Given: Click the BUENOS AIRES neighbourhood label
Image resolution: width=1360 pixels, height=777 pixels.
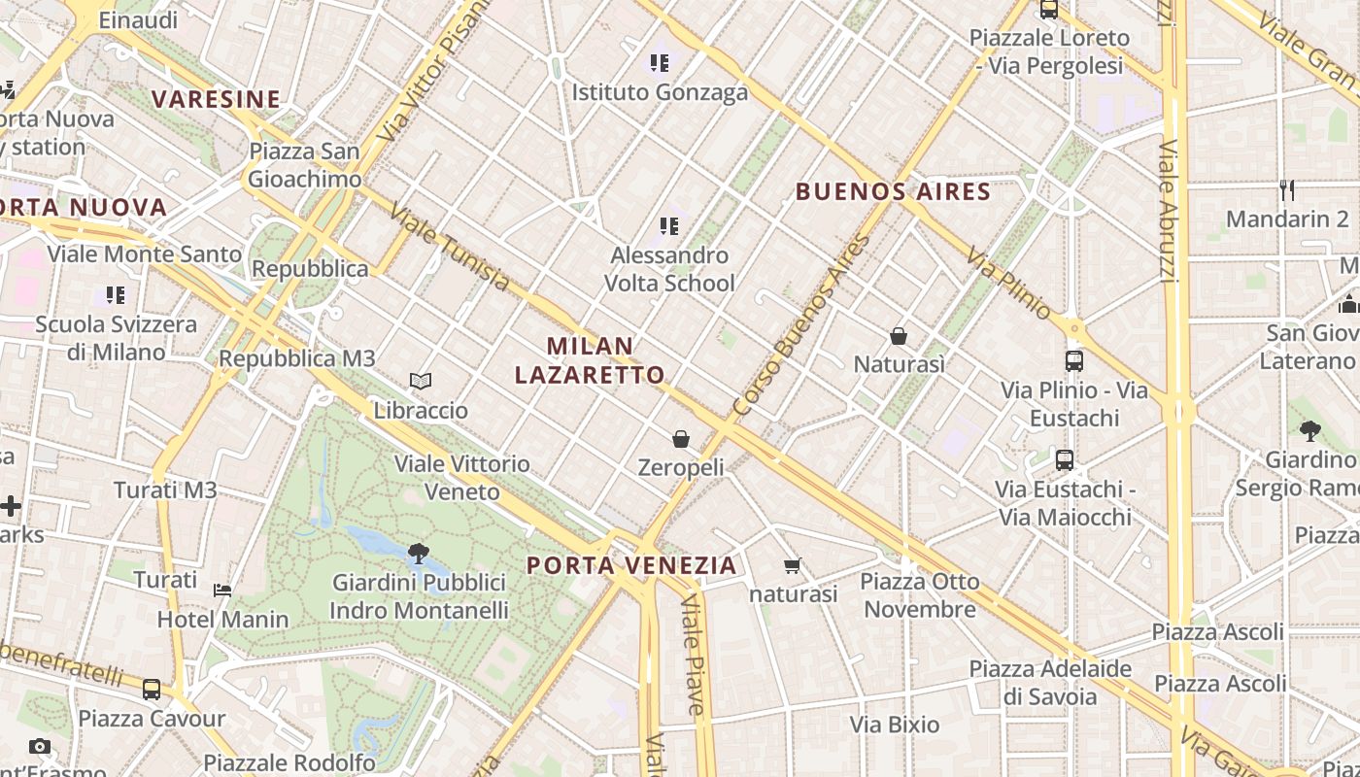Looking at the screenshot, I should (893, 191).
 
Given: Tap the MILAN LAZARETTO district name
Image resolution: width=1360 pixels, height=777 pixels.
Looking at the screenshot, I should (590, 360).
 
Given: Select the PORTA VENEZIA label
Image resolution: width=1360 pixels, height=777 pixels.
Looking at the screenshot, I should (631, 565).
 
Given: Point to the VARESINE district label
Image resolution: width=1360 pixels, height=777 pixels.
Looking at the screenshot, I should (216, 99).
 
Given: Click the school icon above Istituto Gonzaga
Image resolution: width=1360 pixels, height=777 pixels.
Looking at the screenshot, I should (660, 64).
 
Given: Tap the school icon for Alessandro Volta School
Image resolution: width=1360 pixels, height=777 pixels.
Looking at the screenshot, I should (668, 226).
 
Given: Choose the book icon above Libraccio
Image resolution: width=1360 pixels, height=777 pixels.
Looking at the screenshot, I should (420, 382).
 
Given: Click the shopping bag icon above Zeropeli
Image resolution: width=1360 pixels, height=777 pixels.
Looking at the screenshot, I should (681, 439).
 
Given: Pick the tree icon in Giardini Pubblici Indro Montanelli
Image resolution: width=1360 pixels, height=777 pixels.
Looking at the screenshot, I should (419, 555).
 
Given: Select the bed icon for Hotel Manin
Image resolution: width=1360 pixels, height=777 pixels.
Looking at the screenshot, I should (222, 590).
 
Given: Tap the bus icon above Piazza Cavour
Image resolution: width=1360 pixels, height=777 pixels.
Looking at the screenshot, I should (152, 690).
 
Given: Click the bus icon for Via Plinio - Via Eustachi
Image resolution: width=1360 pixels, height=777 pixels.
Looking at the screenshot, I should (1073, 361).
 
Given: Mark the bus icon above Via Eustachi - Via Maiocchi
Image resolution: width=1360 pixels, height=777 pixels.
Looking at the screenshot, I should (1065, 459).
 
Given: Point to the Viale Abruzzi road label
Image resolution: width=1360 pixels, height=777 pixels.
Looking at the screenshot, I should (1169, 212).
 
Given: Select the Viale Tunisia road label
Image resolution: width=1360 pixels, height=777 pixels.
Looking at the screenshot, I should (449, 247).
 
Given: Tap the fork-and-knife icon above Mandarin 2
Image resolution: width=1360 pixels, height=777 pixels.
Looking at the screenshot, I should (1287, 189).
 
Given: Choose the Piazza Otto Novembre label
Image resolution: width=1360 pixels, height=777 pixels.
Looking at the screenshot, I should (920, 595).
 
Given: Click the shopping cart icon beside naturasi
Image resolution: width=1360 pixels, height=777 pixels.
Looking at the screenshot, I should (792, 565).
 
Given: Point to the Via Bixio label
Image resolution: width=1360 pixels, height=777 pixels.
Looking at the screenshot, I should (895, 725).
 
